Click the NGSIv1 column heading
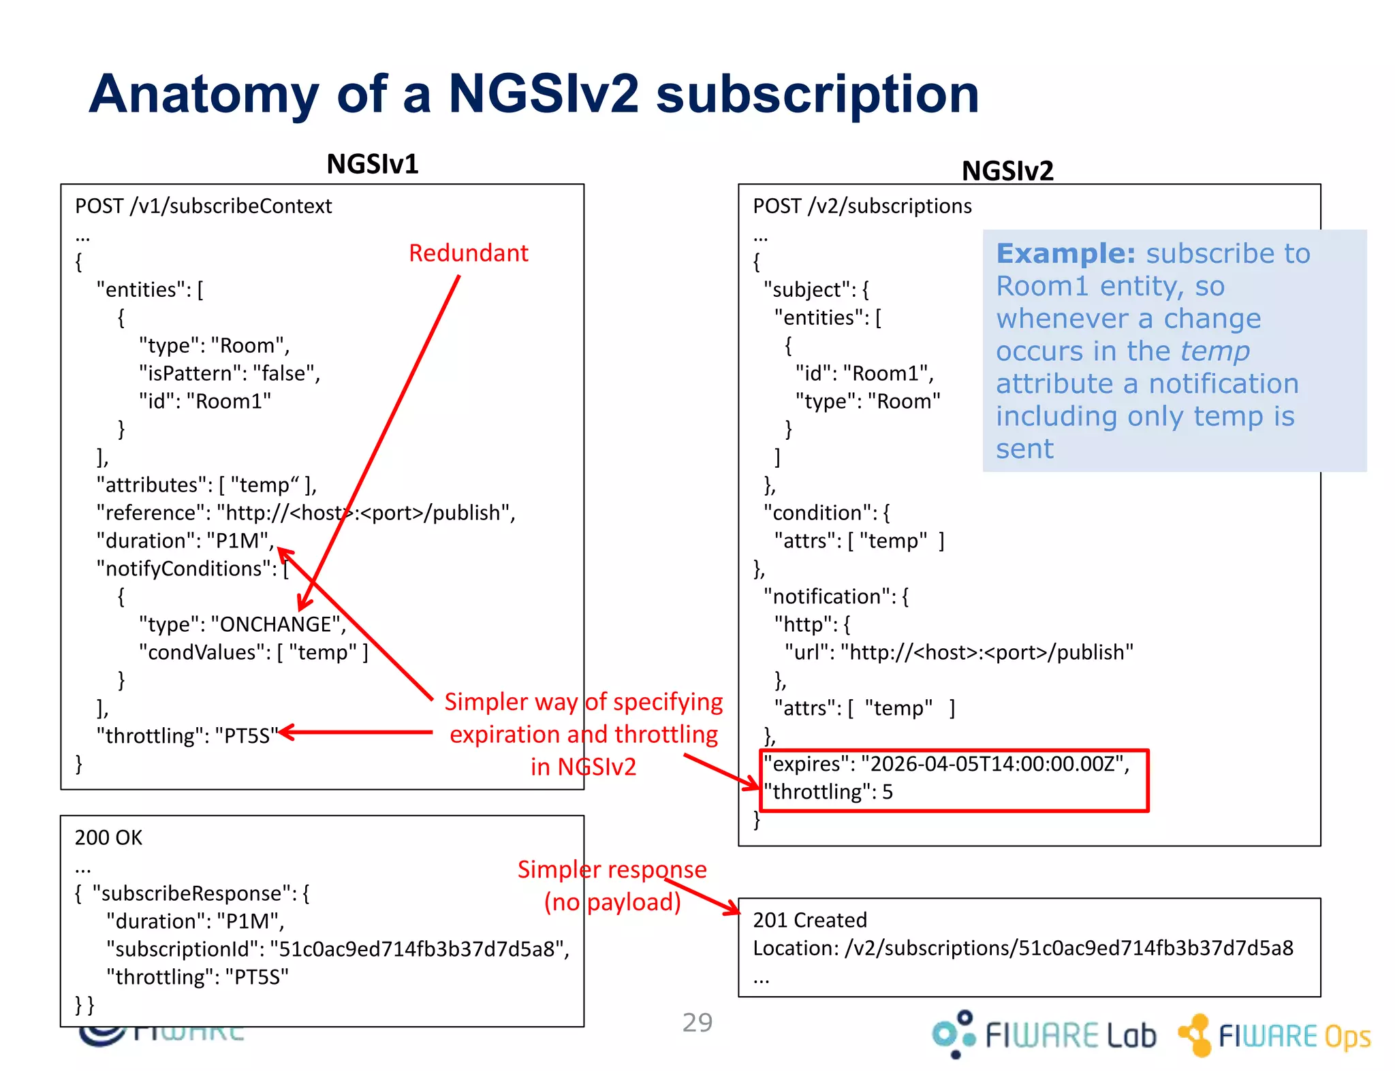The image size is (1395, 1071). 372,164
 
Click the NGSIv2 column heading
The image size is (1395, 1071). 1007,170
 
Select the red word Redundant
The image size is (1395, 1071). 468,253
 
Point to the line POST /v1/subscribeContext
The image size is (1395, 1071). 203,206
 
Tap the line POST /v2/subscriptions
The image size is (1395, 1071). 862,206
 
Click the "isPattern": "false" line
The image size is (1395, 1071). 230,374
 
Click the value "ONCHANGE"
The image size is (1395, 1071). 276,624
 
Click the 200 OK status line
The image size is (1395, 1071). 108,837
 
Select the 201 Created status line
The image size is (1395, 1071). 809,921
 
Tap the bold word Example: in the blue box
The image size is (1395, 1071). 1065,254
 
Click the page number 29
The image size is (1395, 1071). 697,1023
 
